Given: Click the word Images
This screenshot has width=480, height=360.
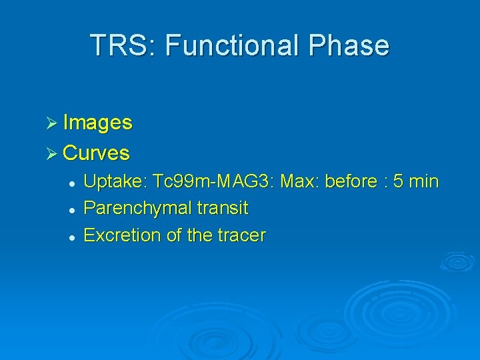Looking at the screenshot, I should (97, 123).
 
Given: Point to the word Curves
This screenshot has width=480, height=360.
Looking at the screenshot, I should (96, 153).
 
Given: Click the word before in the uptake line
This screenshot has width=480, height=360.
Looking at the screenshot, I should (350, 181).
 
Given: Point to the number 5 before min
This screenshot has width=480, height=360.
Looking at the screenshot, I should (399, 181).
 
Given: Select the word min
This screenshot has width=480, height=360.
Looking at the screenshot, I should (424, 181).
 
